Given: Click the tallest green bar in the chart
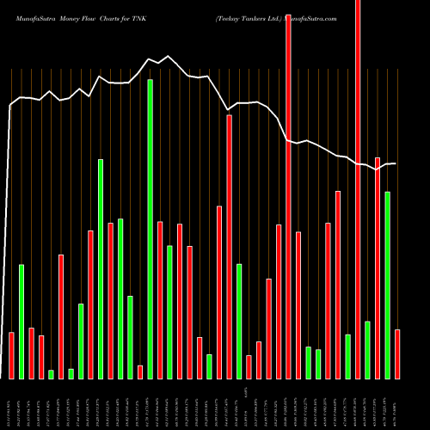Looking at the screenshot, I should coord(150,229).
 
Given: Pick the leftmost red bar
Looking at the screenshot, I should coord(11,355).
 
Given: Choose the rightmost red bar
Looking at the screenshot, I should coord(397,353).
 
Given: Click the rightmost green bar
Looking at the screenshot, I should coord(388,285).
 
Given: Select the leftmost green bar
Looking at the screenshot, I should coord(21,321).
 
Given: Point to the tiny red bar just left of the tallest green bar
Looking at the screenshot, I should coord(140,372).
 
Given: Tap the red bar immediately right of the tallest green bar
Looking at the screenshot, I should coord(160,299).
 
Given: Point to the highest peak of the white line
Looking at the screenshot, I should coord(169,57).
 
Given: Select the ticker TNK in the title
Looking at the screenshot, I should coord(137,17).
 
